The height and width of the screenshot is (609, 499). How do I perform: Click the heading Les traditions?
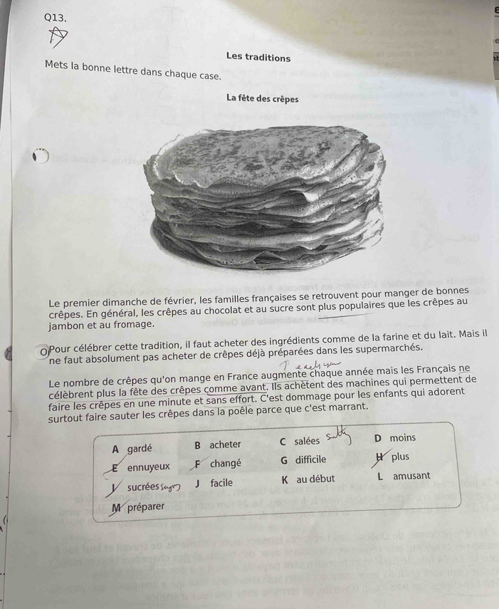point(258,57)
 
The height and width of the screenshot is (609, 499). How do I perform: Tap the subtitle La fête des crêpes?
point(263,98)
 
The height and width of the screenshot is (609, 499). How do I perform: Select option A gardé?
point(132,449)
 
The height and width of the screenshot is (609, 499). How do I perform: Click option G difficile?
point(303,460)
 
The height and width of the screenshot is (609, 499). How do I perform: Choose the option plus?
point(400,457)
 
